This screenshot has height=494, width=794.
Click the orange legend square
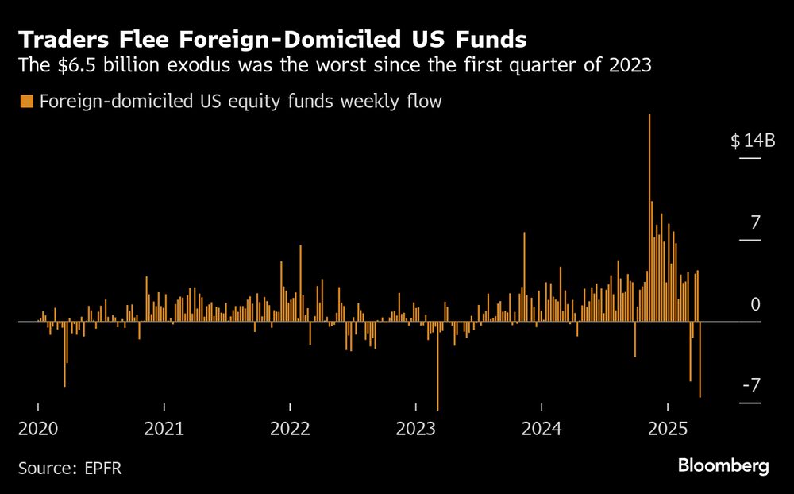click(26, 102)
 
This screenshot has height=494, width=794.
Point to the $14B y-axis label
click(752, 141)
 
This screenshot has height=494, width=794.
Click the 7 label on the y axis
click(755, 222)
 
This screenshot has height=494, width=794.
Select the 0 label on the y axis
click(755, 305)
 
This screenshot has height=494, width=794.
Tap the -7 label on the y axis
click(751, 386)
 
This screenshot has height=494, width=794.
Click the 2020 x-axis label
click(38, 429)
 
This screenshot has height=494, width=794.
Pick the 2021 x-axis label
click(164, 429)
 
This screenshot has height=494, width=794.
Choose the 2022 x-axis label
click(290, 429)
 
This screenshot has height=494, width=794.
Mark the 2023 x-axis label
click(415, 429)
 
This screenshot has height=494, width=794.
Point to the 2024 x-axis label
click(542, 429)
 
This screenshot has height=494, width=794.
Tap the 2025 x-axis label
click(667, 429)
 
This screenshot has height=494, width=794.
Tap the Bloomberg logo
click(723, 466)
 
